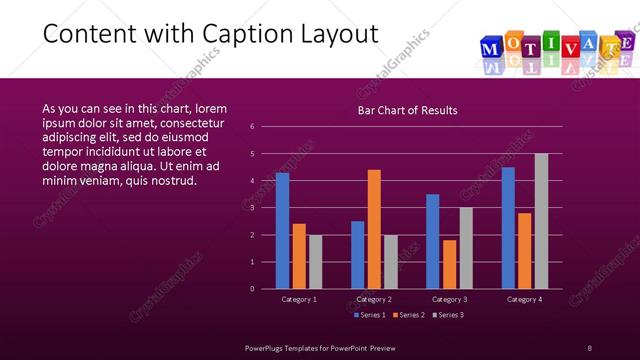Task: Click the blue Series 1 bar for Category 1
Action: pos(282,230)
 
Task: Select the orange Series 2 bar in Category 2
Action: pos(374,229)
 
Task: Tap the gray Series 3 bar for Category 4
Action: pos(541,221)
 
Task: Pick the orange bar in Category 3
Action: pos(449,264)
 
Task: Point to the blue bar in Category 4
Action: pos(508,227)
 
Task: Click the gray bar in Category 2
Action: pos(390,262)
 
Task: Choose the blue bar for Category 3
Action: pos(432,241)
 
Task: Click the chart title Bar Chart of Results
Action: pos(407,110)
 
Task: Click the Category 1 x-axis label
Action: pos(299,299)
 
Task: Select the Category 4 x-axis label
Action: pos(524,299)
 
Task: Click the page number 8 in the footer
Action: pos(589,346)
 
